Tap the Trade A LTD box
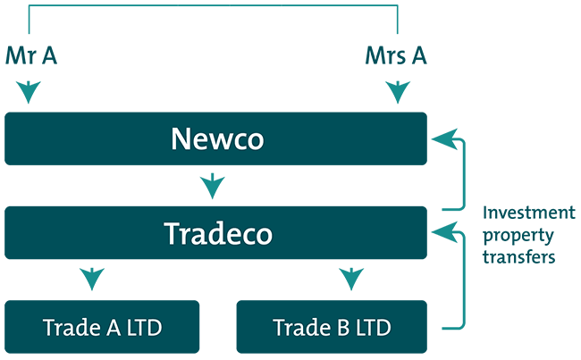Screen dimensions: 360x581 (x=102, y=327)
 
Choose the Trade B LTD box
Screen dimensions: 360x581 (x=331, y=327)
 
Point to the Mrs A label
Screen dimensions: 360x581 (x=395, y=56)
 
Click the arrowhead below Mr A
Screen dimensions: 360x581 (x=30, y=90)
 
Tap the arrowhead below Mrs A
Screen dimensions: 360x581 (x=395, y=90)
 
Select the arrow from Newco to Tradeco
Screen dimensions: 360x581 (x=213, y=187)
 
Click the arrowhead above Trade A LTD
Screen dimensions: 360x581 (x=89, y=280)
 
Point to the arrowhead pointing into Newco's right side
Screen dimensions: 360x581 (x=442, y=139)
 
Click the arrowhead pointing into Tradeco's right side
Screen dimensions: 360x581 (x=442, y=233)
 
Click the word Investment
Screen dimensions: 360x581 (x=529, y=213)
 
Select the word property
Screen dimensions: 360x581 (x=518, y=236)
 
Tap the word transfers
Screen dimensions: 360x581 (x=519, y=256)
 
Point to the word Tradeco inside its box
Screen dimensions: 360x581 (x=218, y=233)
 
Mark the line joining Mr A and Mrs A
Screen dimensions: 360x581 (x=213, y=6)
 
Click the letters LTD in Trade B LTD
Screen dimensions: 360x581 (x=373, y=327)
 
